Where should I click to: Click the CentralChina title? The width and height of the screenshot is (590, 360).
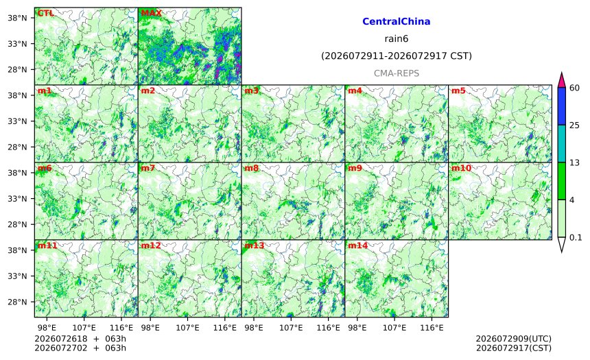[397, 21]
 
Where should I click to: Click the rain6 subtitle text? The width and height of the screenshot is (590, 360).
[397, 39]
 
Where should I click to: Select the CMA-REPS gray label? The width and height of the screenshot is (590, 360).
[397, 73]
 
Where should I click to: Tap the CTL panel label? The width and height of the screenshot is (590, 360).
[45, 14]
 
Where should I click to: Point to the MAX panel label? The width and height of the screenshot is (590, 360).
[151, 14]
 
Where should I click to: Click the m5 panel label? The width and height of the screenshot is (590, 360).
[458, 91]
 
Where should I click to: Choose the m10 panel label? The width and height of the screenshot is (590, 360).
[461, 168]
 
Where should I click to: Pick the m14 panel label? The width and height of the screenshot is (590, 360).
[357, 245]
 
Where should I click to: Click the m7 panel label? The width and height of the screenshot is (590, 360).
[148, 168]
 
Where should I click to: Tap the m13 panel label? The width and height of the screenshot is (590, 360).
[255, 245]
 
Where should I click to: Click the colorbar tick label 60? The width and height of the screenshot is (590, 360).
[575, 88]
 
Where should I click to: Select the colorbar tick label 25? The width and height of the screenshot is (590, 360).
[575, 125]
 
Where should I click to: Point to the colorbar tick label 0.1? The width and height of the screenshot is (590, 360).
[576, 237]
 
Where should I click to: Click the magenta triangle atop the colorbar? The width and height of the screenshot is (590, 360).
[561, 81]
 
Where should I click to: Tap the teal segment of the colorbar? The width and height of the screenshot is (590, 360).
[561, 143]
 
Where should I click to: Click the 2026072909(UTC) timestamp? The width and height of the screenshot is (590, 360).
[514, 339]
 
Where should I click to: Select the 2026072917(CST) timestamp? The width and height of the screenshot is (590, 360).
[514, 348]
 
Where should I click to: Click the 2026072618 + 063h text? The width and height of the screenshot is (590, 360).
[80, 339]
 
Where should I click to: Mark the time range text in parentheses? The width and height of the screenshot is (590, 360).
[397, 56]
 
